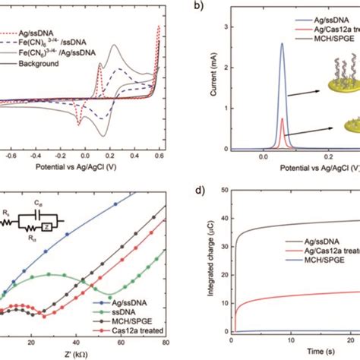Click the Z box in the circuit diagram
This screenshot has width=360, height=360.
point(48,224)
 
